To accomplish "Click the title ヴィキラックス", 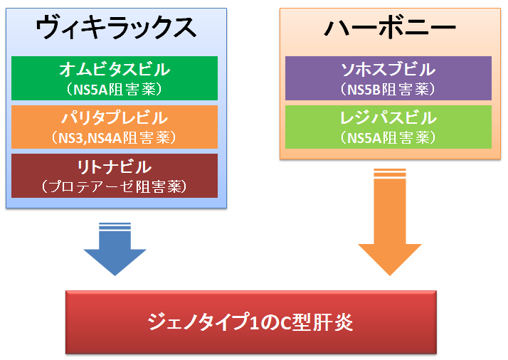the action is (x=116, y=28).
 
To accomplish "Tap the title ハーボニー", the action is (x=390, y=28).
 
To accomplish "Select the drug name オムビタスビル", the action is (x=115, y=69).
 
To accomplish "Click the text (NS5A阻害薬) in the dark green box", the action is (x=115, y=89).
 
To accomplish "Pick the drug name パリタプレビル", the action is (x=115, y=117).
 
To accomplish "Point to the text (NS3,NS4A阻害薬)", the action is (x=115, y=138).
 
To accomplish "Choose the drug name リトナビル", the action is (x=115, y=167).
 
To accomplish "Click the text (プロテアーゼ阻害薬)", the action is (x=115, y=186).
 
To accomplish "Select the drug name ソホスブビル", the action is (x=388, y=69).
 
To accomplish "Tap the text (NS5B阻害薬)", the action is (x=388, y=89).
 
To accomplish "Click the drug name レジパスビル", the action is (x=388, y=117).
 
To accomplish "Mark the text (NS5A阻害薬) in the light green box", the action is (x=388, y=138).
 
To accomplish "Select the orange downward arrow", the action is (x=390, y=222).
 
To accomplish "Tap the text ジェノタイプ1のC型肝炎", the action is (x=250, y=322).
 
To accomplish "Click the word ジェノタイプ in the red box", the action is (x=198, y=322).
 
